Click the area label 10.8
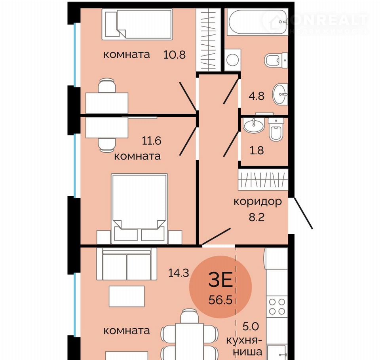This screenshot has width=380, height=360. click(x=175, y=55)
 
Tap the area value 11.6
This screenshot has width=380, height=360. click(x=152, y=141)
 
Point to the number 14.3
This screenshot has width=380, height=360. click(x=179, y=273)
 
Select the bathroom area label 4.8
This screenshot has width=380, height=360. click(x=256, y=96)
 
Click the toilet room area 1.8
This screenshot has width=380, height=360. click(x=256, y=150)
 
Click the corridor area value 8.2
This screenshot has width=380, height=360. click(x=256, y=217)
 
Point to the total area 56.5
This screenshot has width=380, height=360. click(x=220, y=300)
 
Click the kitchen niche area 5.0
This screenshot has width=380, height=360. click(x=251, y=326)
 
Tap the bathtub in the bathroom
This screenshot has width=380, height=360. click(x=257, y=22)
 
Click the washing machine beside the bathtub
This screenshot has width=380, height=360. click(x=233, y=60)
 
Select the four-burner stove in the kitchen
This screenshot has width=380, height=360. click(x=277, y=306)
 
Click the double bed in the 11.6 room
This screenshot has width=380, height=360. click(x=139, y=208)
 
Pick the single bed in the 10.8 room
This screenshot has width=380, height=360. click(x=137, y=24)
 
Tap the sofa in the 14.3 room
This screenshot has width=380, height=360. click(x=127, y=264)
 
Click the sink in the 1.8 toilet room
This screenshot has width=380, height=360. click(x=253, y=125)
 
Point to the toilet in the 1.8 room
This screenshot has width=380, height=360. click(x=276, y=130)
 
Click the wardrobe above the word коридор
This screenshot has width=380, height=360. click(x=263, y=180)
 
